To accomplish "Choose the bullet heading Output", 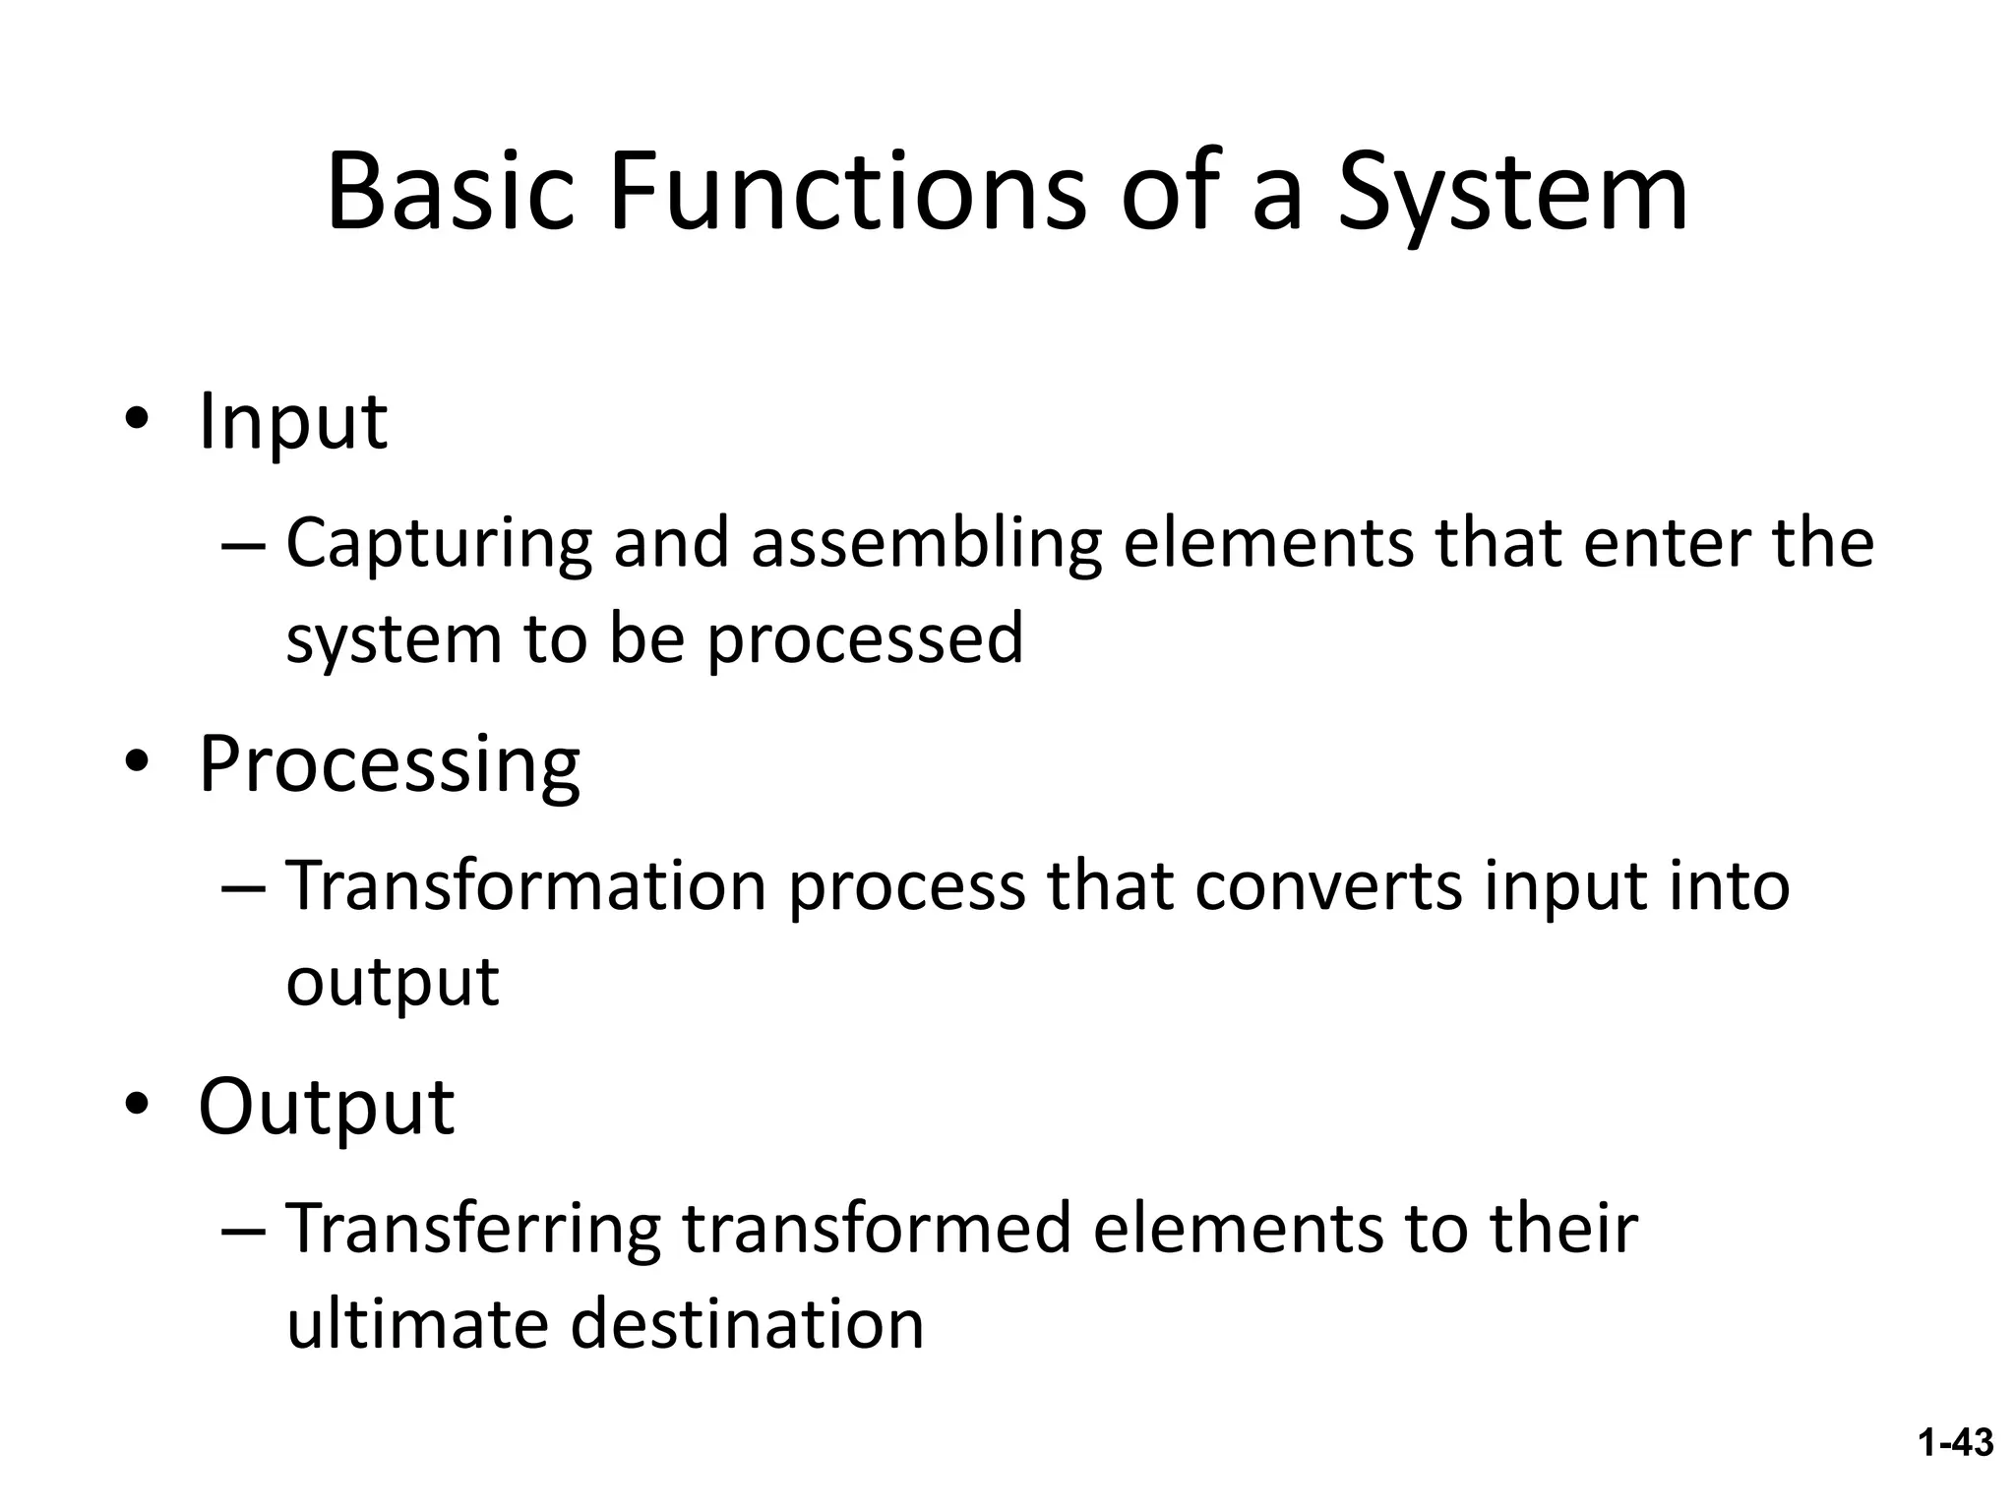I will click(326, 1107).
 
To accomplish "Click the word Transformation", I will click(526, 885).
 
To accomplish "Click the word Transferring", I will click(473, 1230).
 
